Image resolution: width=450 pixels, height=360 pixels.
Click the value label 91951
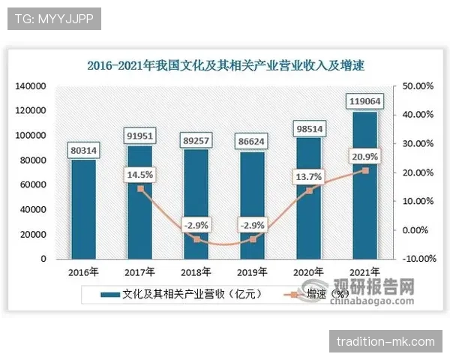click(139, 135)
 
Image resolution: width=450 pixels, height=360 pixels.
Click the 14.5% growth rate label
click(139, 174)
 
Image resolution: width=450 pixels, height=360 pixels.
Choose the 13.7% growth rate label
click(309, 176)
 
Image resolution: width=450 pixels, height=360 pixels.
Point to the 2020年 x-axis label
click(308, 272)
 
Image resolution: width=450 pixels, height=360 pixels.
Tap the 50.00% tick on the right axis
click(418, 87)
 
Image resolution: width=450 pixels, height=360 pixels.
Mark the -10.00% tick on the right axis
click(418, 259)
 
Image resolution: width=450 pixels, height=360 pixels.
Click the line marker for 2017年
click(139, 189)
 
